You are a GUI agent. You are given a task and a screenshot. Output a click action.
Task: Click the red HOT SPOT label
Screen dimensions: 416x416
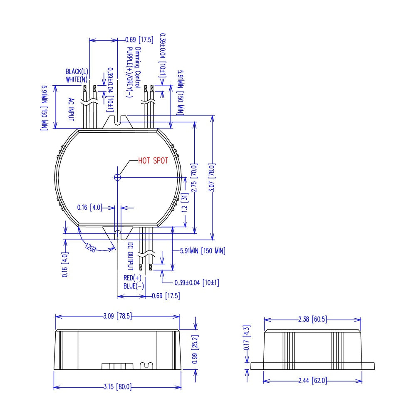click(153, 161)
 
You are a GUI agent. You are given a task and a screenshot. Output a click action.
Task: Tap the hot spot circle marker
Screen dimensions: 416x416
click(117, 177)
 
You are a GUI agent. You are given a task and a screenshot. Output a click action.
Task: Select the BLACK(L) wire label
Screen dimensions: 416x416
click(77, 72)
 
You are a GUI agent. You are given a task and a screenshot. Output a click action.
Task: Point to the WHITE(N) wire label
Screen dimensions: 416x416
click(77, 79)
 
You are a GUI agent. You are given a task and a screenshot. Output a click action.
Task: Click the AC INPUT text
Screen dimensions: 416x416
click(71, 109)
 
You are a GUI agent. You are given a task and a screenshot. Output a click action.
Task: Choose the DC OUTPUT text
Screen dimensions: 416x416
click(130, 256)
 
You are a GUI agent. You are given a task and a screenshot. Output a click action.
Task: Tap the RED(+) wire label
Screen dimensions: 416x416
click(132, 278)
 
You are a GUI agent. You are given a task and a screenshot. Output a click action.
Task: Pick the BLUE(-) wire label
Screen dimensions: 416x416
click(134, 286)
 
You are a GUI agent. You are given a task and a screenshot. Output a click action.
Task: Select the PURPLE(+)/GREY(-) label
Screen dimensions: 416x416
click(129, 72)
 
